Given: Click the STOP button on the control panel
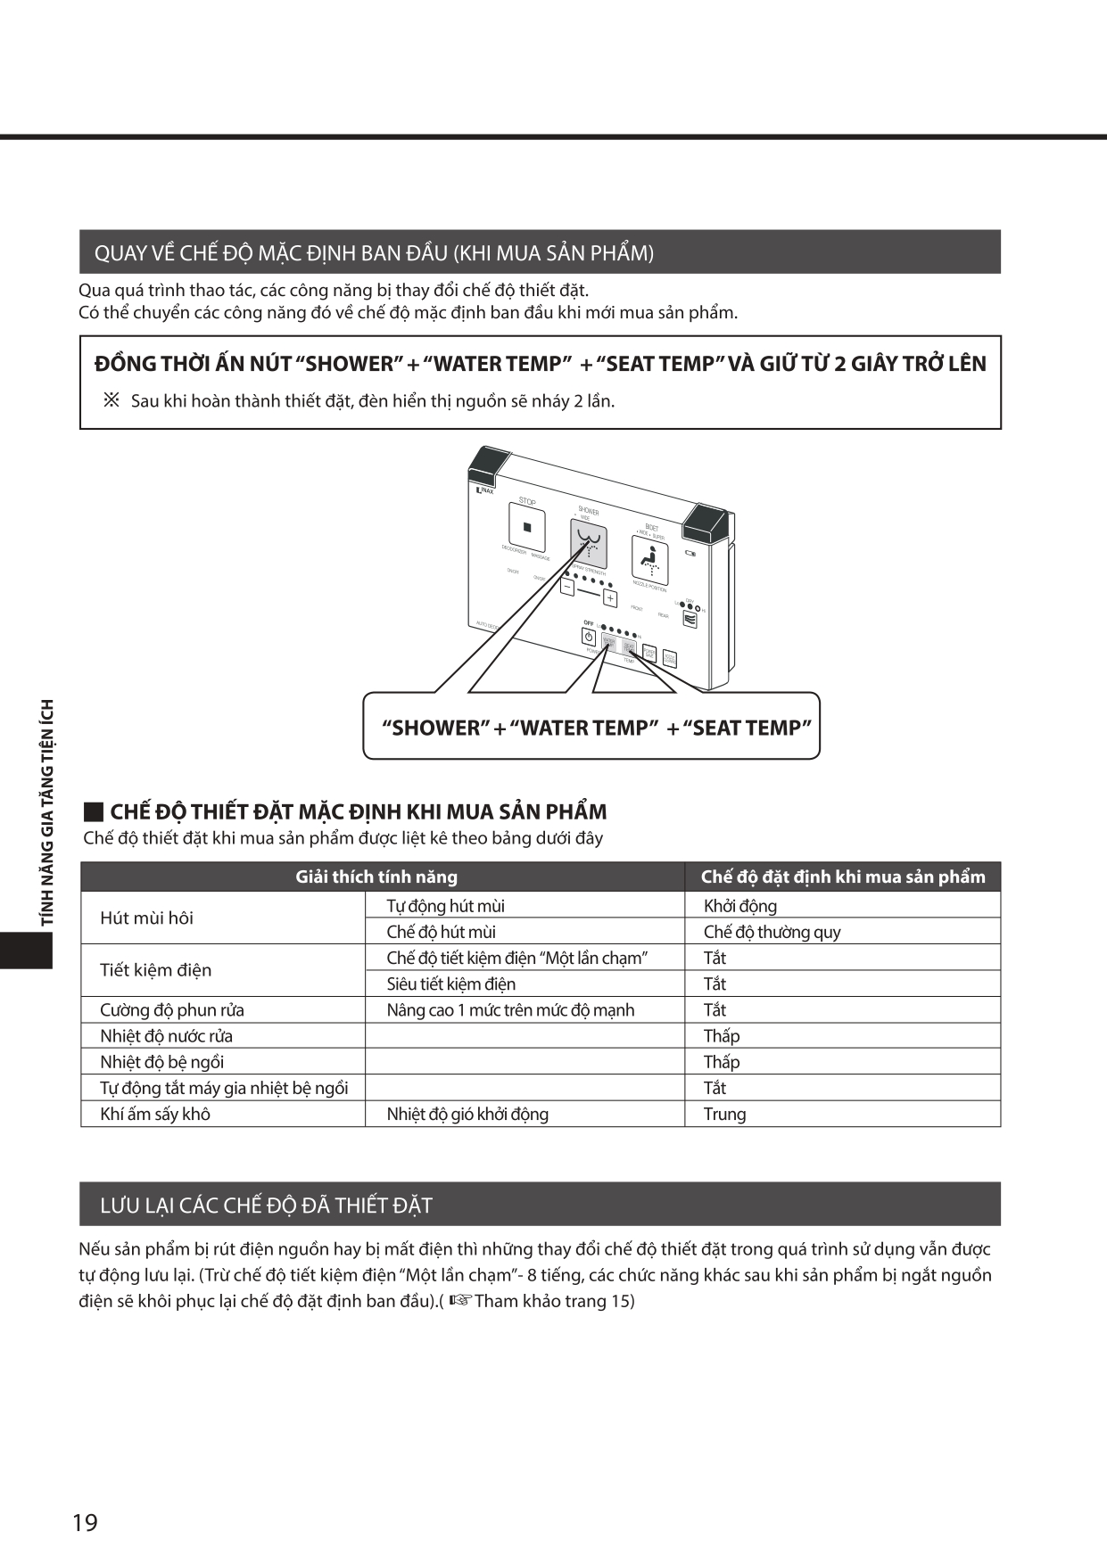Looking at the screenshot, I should tap(526, 526).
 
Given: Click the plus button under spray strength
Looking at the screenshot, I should tap(610, 599).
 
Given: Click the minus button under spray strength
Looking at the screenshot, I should tap(568, 587).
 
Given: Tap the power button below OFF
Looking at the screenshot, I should tap(589, 637).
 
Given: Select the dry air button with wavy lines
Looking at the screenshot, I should tap(690, 618).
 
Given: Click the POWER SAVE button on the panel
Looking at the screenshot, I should tap(649, 655).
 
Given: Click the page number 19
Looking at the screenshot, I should tap(85, 1522).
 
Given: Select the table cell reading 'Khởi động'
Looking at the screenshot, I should tap(739, 906).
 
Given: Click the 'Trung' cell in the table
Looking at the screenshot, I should tap(724, 1114).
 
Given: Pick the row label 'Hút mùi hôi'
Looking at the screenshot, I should tap(146, 918).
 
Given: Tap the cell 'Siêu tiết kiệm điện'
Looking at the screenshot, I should tap(450, 984).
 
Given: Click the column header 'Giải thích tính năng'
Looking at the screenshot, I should tap(376, 877).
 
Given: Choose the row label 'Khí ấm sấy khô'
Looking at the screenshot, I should tap(155, 1114).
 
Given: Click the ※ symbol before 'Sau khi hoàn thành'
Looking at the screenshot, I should tap(112, 400).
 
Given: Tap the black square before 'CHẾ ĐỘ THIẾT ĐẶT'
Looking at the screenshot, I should tap(93, 812).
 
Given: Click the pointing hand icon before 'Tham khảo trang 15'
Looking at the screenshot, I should tap(459, 1300).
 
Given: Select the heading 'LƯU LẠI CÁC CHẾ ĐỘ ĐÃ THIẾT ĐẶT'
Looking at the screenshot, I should tap(266, 1206).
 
